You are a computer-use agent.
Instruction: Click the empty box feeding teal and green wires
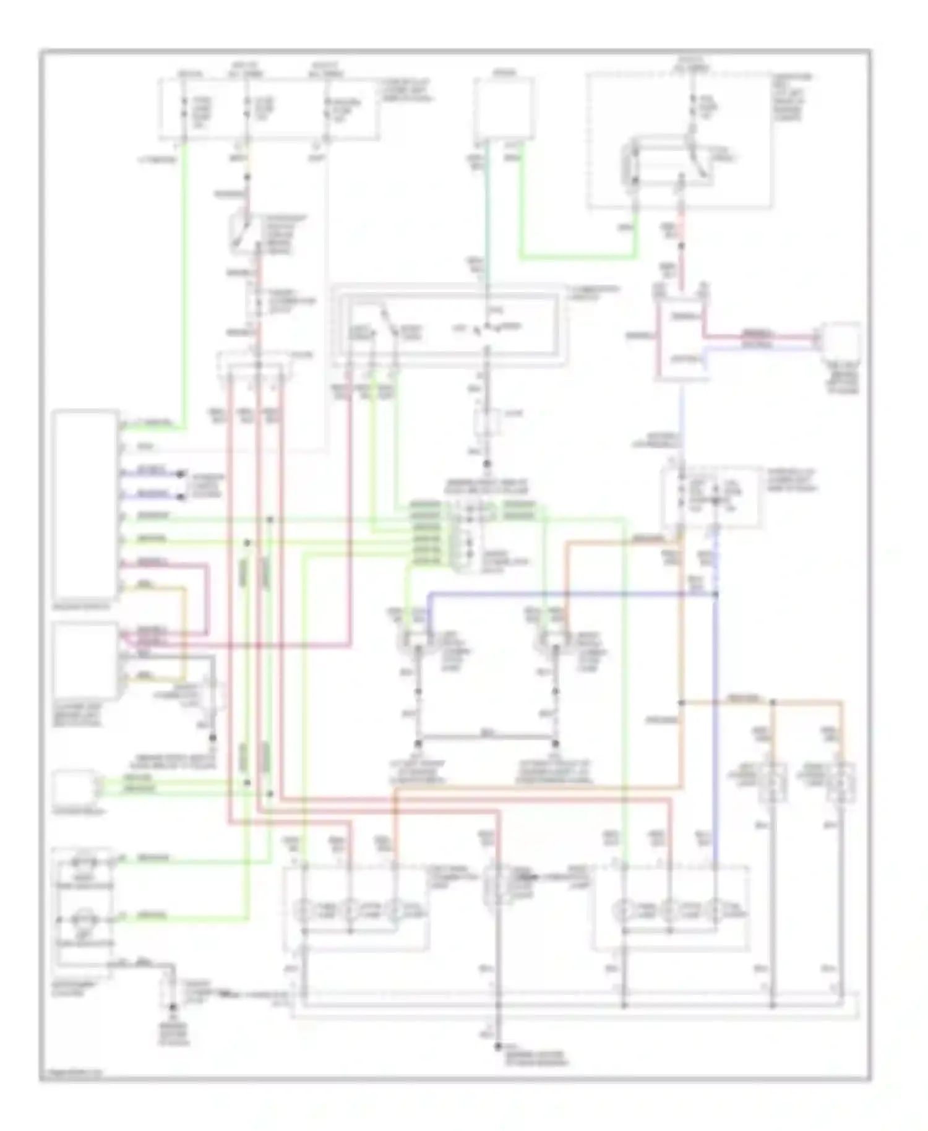tap(504, 109)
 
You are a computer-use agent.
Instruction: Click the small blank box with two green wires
tap(74, 786)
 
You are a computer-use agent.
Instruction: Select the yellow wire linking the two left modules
tap(183, 631)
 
